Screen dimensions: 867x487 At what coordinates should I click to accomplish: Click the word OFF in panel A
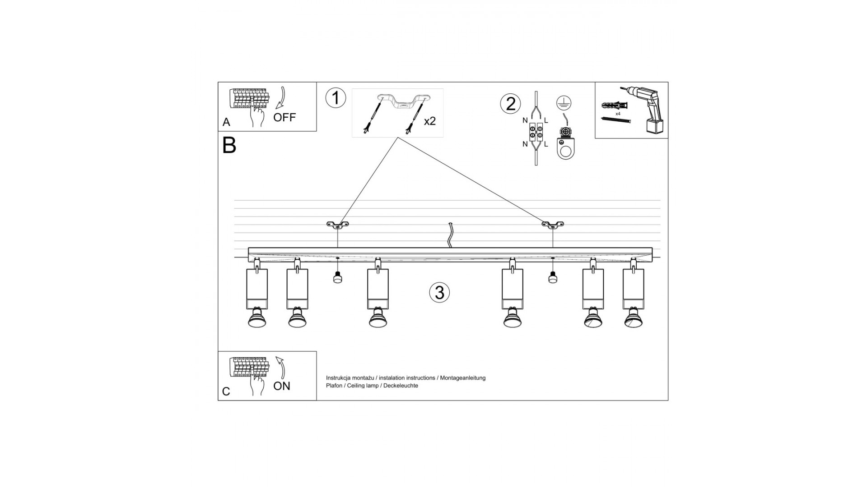pos(284,117)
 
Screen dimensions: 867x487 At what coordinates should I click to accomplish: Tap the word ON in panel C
pos(282,386)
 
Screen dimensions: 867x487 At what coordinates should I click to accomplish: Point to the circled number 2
pos(511,104)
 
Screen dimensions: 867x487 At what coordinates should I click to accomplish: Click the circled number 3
pos(440,292)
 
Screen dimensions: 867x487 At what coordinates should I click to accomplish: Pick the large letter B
pos(229,145)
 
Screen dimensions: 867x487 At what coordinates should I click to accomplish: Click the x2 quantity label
pos(430,121)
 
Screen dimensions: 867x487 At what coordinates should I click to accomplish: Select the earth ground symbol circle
pos(562,102)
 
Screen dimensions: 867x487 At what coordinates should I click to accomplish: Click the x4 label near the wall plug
pos(618,114)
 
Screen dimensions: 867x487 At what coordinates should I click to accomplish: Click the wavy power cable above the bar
pos(450,235)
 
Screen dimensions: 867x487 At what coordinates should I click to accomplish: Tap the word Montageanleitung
pos(463,378)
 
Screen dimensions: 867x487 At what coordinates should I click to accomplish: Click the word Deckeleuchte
pos(401,386)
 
